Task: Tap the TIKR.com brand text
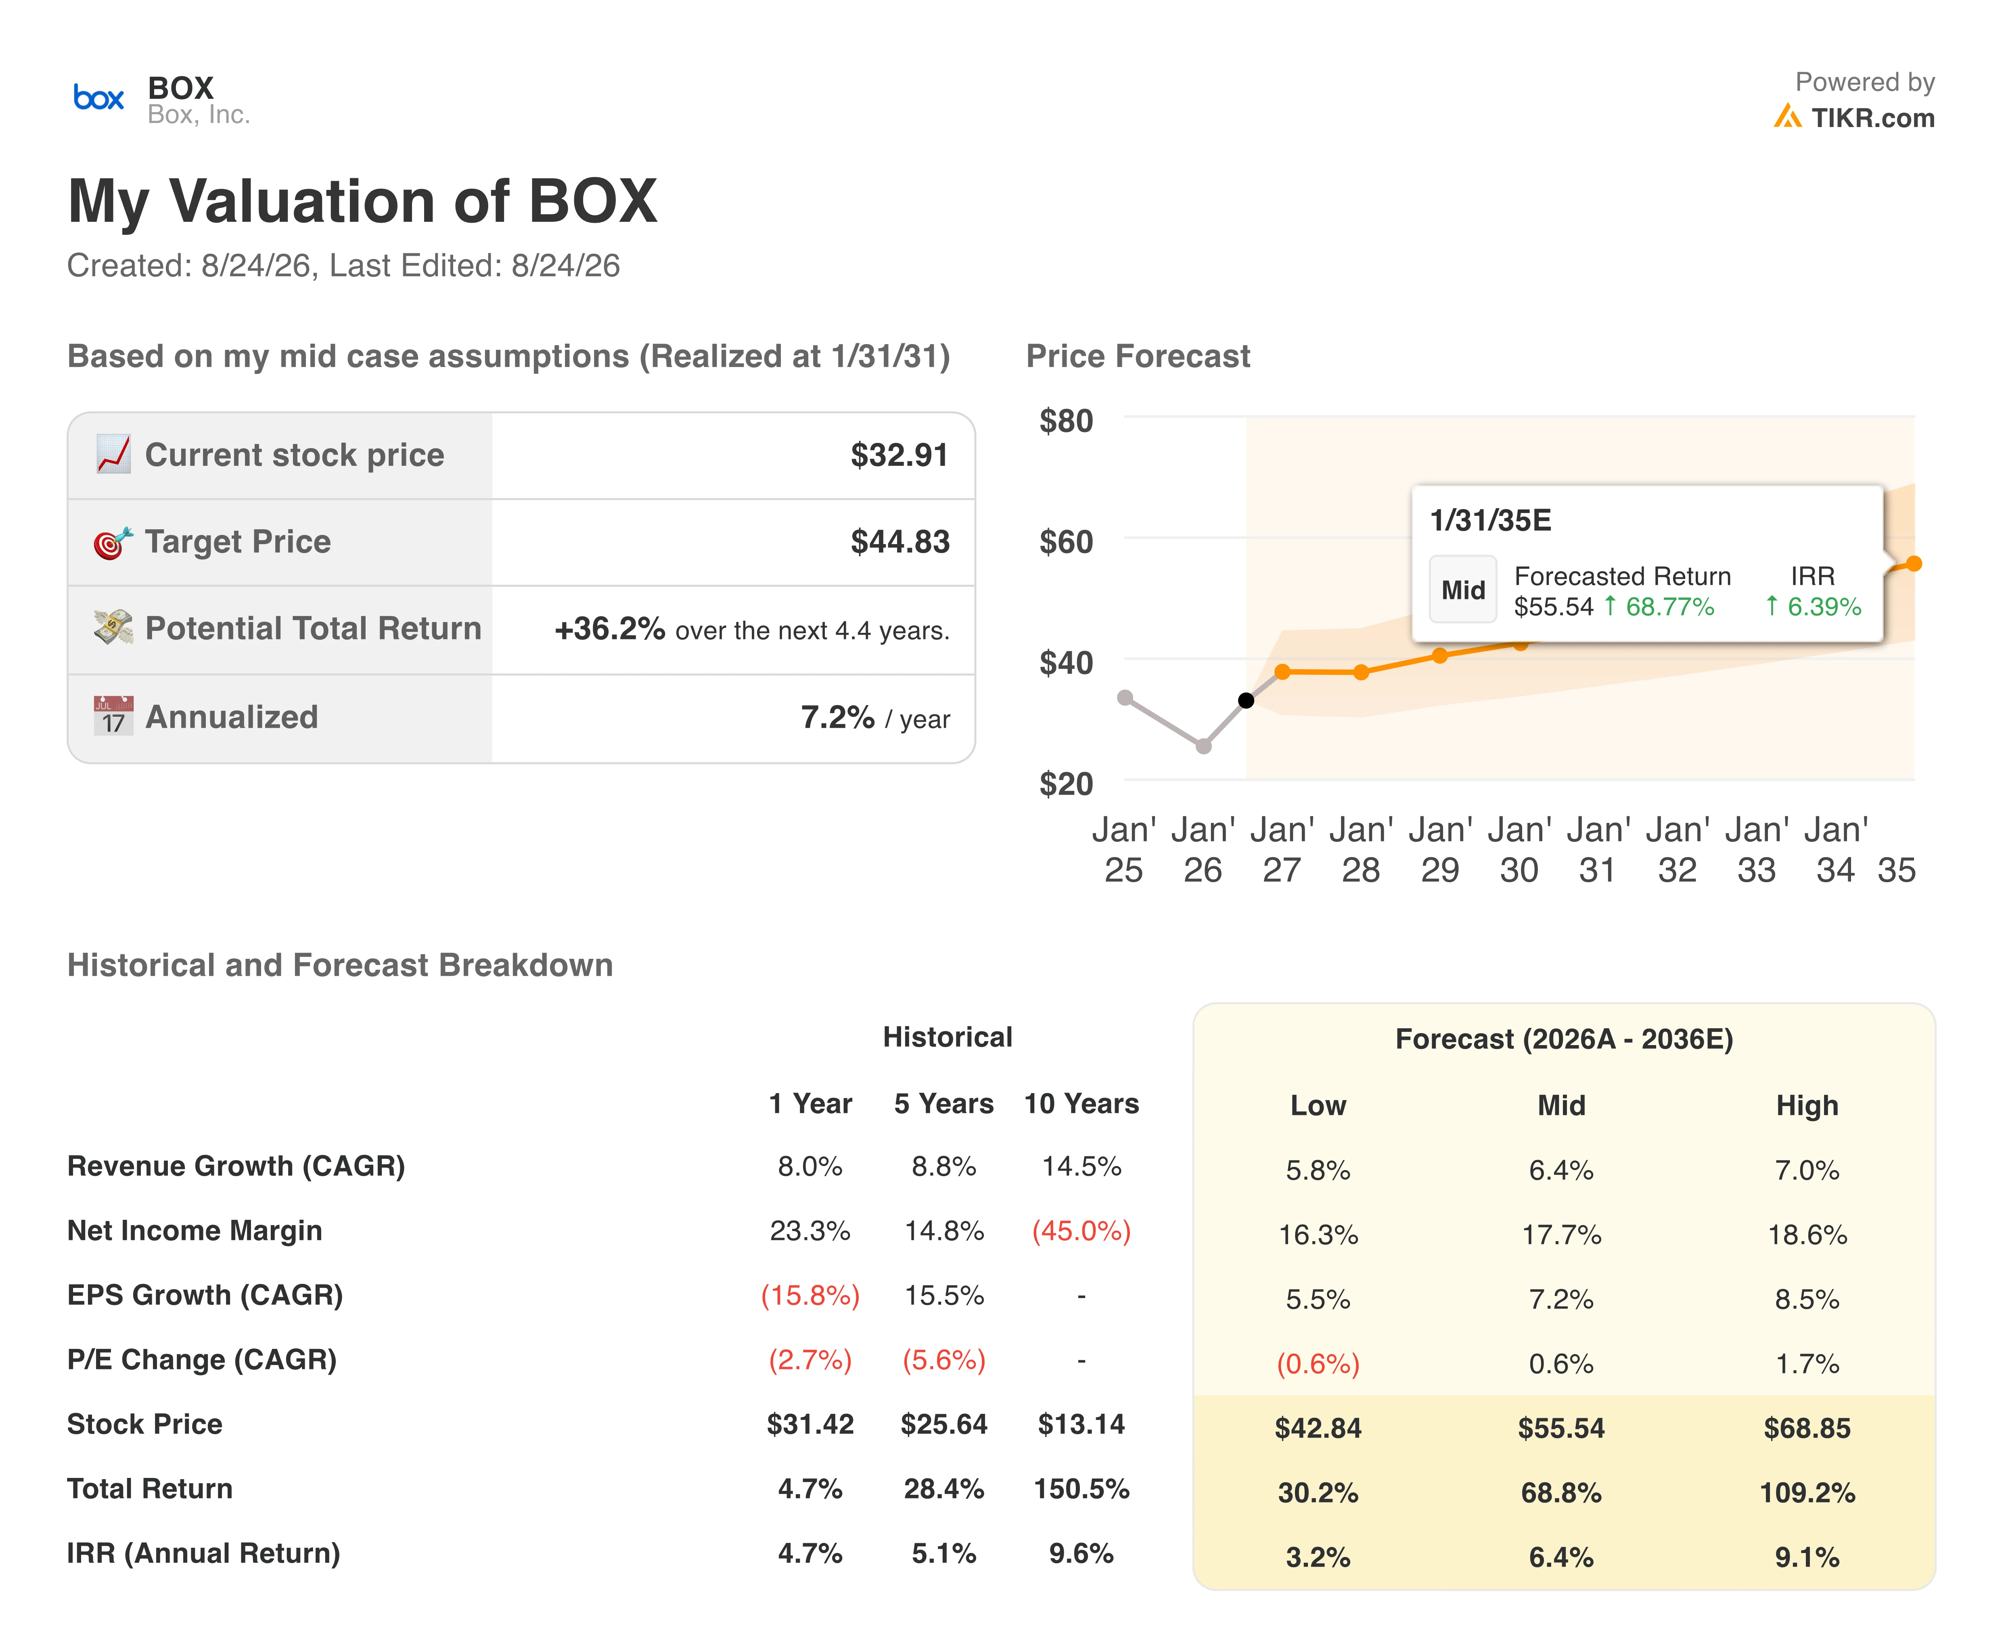[x=1872, y=119]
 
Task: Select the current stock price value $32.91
[x=899, y=455]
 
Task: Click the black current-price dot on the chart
[x=1246, y=700]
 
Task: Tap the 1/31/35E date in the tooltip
[x=1491, y=520]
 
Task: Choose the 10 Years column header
[x=1081, y=1104]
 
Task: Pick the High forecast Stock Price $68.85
[x=1807, y=1428]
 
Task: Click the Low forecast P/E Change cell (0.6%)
[x=1318, y=1364]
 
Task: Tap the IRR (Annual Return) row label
[x=203, y=1553]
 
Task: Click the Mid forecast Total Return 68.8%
[x=1561, y=1493]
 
